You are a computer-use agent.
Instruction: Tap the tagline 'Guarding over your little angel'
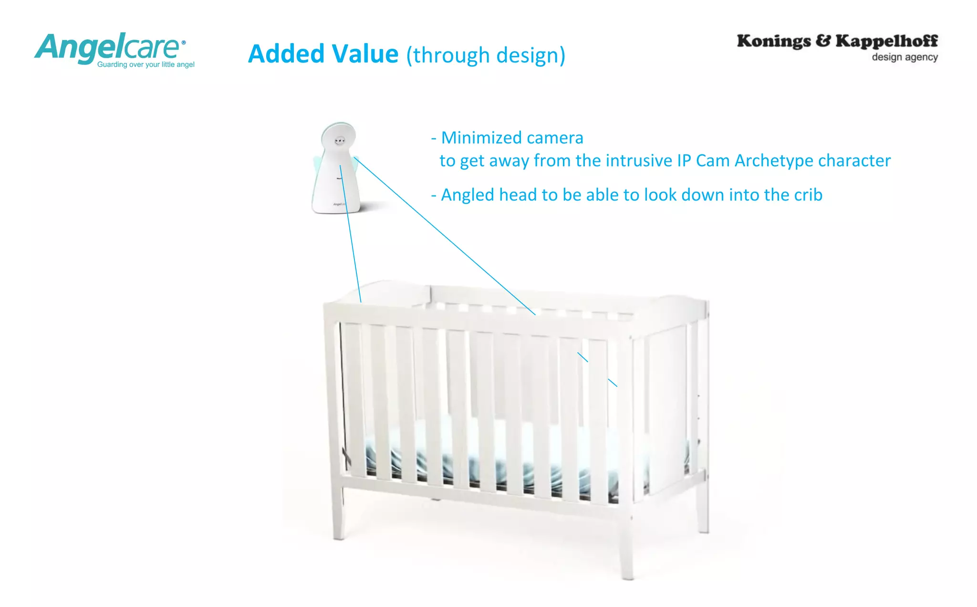[x=146, y=64]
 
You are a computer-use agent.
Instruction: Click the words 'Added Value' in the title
[x=323, y=54]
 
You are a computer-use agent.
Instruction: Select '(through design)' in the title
[x=486, y=55]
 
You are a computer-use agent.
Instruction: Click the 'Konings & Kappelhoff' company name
[x=837, y=41]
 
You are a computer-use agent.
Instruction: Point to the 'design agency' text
[x=904, y=57]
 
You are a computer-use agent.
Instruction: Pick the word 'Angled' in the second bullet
[x=468, y=195]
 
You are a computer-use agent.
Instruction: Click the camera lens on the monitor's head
[x=340, y=140]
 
